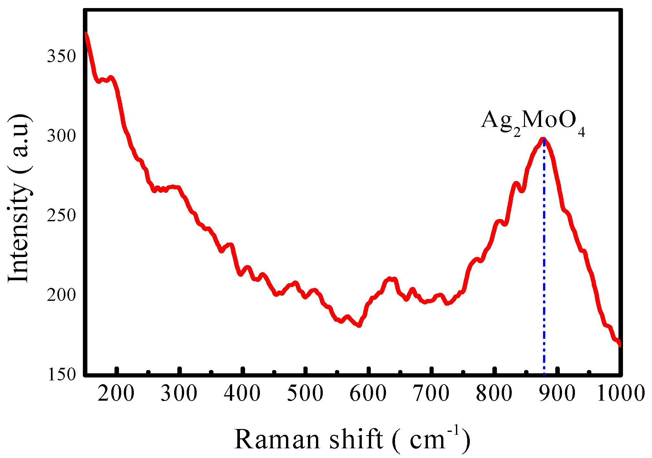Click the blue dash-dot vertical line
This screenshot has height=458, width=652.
(x=544, y=258)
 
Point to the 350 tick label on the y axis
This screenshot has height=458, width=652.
(x=61, y=56)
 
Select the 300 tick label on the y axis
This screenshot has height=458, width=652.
(x=61, y=136)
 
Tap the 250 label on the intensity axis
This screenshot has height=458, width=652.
(x=61, y=215)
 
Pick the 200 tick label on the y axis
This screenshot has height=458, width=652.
(x=61, y=295)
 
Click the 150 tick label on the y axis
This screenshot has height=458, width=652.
(x=61, y=374)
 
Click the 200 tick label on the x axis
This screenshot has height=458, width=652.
(x=116, y=394)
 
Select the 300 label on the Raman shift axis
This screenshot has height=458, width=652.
(x=179, y=394)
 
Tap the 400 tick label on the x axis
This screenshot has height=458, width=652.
(x=242, y=394)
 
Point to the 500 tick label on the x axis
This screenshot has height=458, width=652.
(x=305, y=394)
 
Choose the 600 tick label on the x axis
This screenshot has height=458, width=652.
(x=368, y=394)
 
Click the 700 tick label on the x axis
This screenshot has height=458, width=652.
(x=431, y=394)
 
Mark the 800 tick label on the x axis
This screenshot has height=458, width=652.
(x=494, y=394)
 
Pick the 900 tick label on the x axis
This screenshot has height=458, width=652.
(x=557, y=394)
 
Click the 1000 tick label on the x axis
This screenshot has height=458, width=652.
(x=621, y=394)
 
